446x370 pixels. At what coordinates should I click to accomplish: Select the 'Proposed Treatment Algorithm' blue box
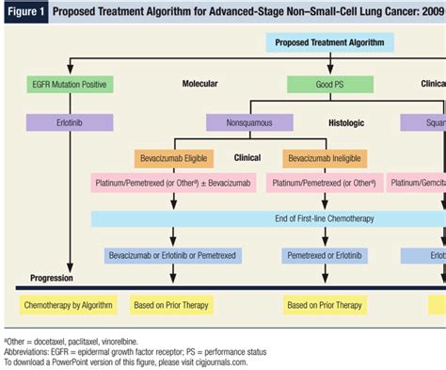(329, 42)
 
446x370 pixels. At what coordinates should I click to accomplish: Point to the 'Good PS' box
(329, 84)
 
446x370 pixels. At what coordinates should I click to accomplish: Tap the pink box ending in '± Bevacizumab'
(173, 185)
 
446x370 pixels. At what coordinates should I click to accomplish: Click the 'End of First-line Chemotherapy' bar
(268, 219)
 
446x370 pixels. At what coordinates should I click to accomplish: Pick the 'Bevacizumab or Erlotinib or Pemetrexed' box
(173, 255)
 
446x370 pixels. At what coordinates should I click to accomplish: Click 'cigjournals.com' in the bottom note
(215, 361)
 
